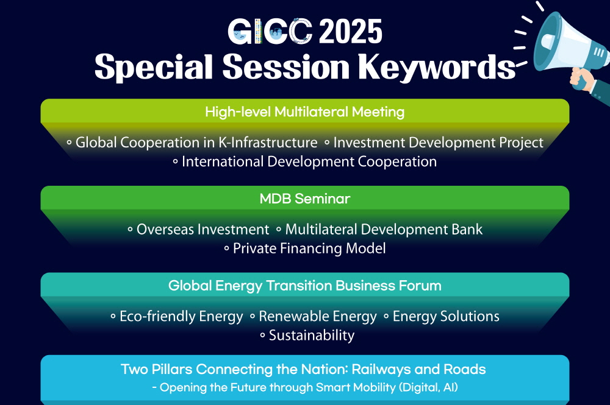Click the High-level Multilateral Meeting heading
[x=304, y=112]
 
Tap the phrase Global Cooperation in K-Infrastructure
[x=196, y=143]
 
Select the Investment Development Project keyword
[x=439, y=143]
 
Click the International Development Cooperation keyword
[x=309, y=161]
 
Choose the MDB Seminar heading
[x=304, y=199]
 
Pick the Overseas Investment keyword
[x=203, y=230]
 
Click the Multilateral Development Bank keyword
[x=384, y=230]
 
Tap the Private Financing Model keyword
[x=309, y=248]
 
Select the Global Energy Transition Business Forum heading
[x=304, y=286]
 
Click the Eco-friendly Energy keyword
[x=181, y=317]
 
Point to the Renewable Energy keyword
[x=318, y=317]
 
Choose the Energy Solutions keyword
[x=447, y=317]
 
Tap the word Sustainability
[x=312, y=335]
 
